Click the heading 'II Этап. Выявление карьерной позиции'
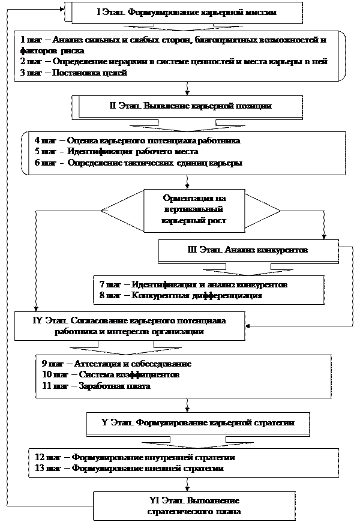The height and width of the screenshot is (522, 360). tap(191, 106)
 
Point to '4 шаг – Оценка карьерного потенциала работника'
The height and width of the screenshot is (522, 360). tap(137, 140)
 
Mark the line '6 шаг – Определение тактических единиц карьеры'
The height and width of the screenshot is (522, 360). tap(139, 163)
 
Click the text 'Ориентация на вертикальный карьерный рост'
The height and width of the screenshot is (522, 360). tap(193, 209)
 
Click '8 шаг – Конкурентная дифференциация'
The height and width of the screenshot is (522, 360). tap(181, 295)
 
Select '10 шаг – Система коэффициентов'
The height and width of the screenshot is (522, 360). tap(110, 375)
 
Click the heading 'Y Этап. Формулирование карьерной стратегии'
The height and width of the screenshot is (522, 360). tap(198, 422)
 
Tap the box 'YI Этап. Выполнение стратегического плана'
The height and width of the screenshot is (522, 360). tap(194, 506)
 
